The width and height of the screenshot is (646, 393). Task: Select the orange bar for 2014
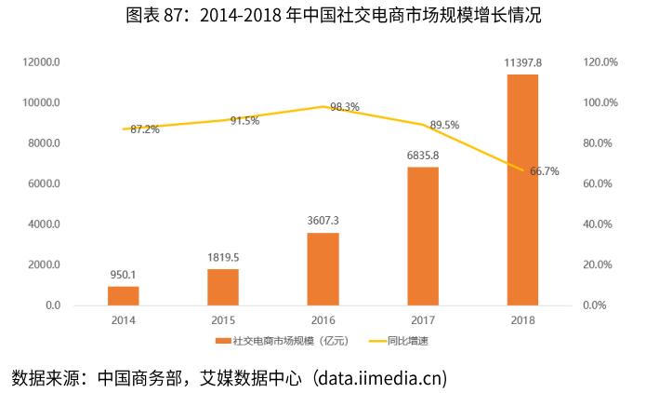point(123,295)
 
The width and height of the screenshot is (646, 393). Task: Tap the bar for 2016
point(323,268)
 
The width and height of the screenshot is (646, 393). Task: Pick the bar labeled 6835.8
point(422,236)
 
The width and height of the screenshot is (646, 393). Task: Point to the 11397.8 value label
point(522,61)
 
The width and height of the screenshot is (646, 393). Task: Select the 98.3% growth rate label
point(345,107)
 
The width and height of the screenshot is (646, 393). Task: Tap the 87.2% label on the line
point(145,129)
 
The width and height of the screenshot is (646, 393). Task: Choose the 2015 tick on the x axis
point(223,318)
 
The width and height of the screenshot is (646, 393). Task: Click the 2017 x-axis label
point(422,318)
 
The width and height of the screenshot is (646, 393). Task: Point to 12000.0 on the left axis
point(42,62)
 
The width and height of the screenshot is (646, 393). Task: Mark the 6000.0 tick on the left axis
point(44,183)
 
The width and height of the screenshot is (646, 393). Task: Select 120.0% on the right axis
point(599,62)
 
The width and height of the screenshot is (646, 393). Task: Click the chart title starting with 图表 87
point(323,16)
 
